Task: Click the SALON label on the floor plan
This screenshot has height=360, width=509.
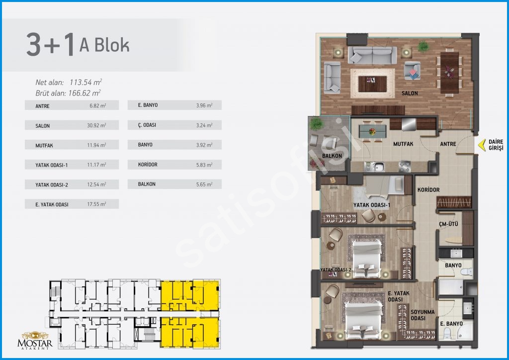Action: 410,93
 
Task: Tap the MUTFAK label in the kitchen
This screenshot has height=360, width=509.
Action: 403,144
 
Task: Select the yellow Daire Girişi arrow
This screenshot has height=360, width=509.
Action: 481,145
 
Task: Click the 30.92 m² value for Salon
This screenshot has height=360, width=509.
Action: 96,125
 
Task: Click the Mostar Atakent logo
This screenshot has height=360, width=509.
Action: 35,340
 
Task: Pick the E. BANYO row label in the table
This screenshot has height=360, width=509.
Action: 148,105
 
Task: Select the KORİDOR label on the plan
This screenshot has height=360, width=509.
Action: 428,189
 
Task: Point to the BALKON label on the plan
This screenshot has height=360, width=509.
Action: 332,156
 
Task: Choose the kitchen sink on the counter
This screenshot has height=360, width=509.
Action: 378,167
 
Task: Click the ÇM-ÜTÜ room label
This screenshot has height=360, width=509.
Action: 448,224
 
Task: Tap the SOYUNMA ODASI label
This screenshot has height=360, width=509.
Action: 423,315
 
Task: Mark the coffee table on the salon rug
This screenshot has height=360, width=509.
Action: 372,83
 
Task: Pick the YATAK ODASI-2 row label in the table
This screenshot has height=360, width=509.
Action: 52,184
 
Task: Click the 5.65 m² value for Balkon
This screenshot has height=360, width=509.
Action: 204,184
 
